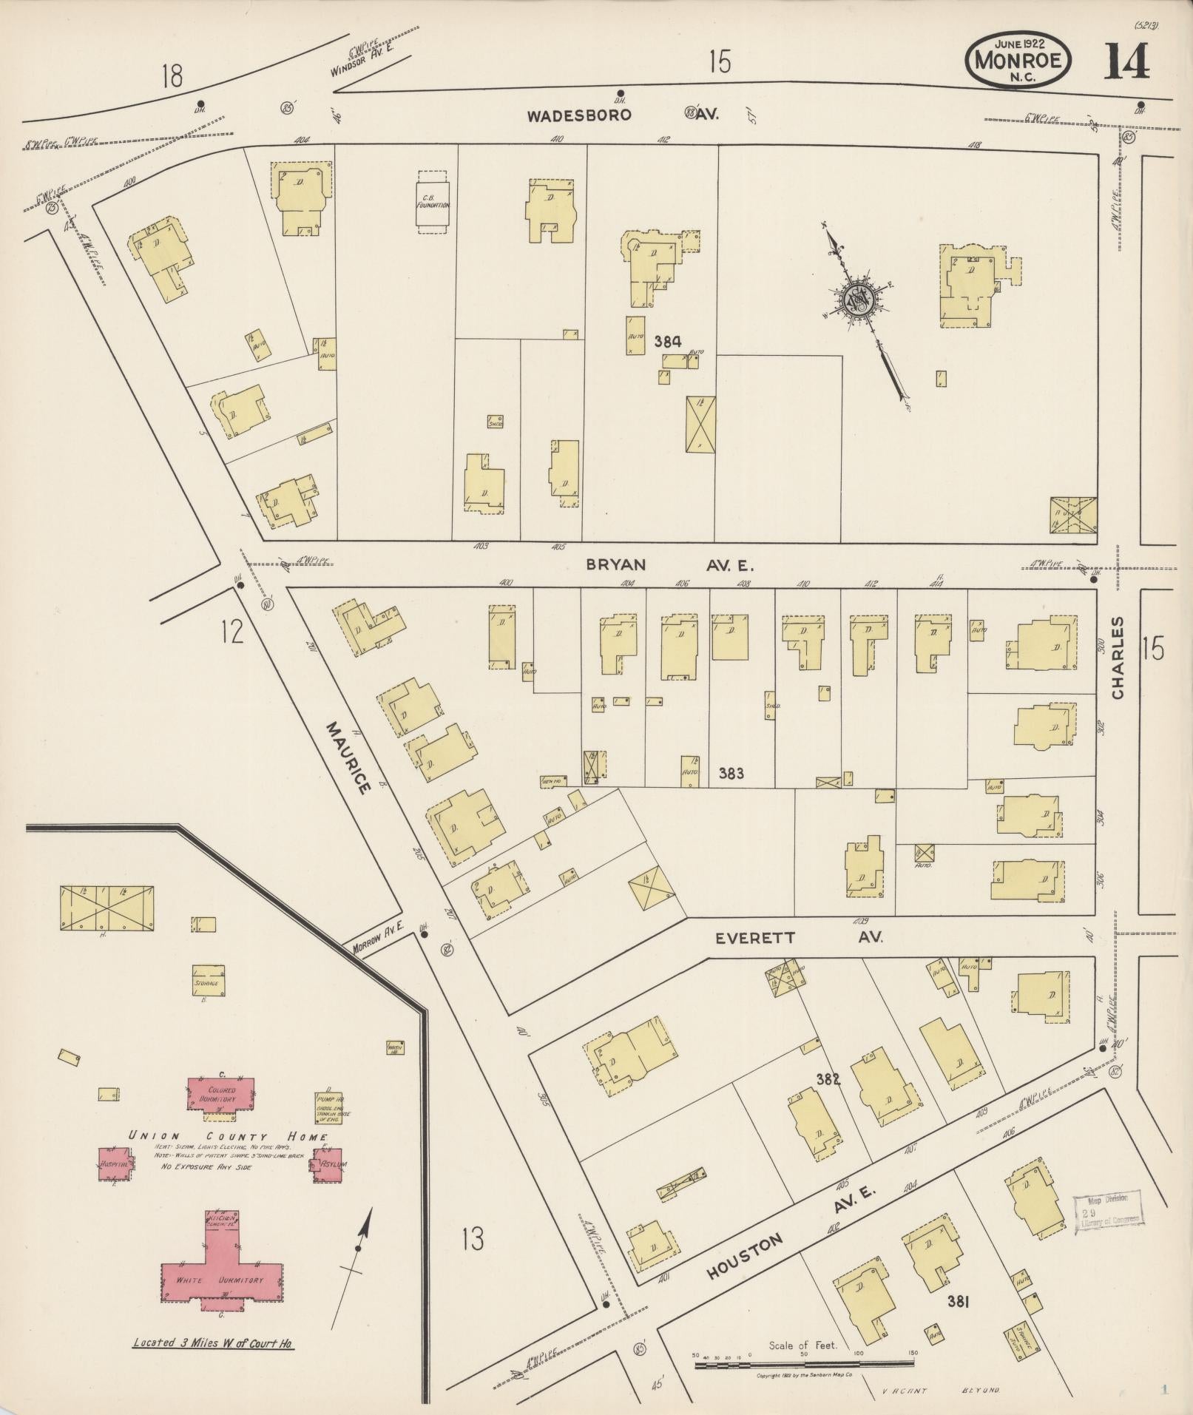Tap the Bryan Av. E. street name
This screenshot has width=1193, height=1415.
pos(669,565)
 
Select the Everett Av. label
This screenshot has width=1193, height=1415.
pos(799,938)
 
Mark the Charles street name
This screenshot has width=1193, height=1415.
pos(1117,658)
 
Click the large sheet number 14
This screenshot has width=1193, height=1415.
pos(1126,62)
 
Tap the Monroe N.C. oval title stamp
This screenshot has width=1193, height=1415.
pos(1018,61)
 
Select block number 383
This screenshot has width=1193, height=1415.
pos(731,774)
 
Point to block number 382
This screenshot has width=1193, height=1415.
pos(829,1079)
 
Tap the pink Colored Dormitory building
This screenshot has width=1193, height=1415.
pos(221,1095)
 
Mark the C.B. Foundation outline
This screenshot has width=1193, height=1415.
pos(432,203)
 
